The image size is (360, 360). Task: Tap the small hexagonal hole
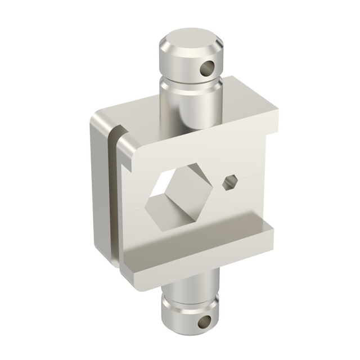pyautogui.click(x=229, y=182)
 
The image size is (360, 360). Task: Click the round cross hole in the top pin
pyautogui.click(x=209, y=69)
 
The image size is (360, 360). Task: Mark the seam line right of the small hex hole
pyautogui.click(x=253, y=176)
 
